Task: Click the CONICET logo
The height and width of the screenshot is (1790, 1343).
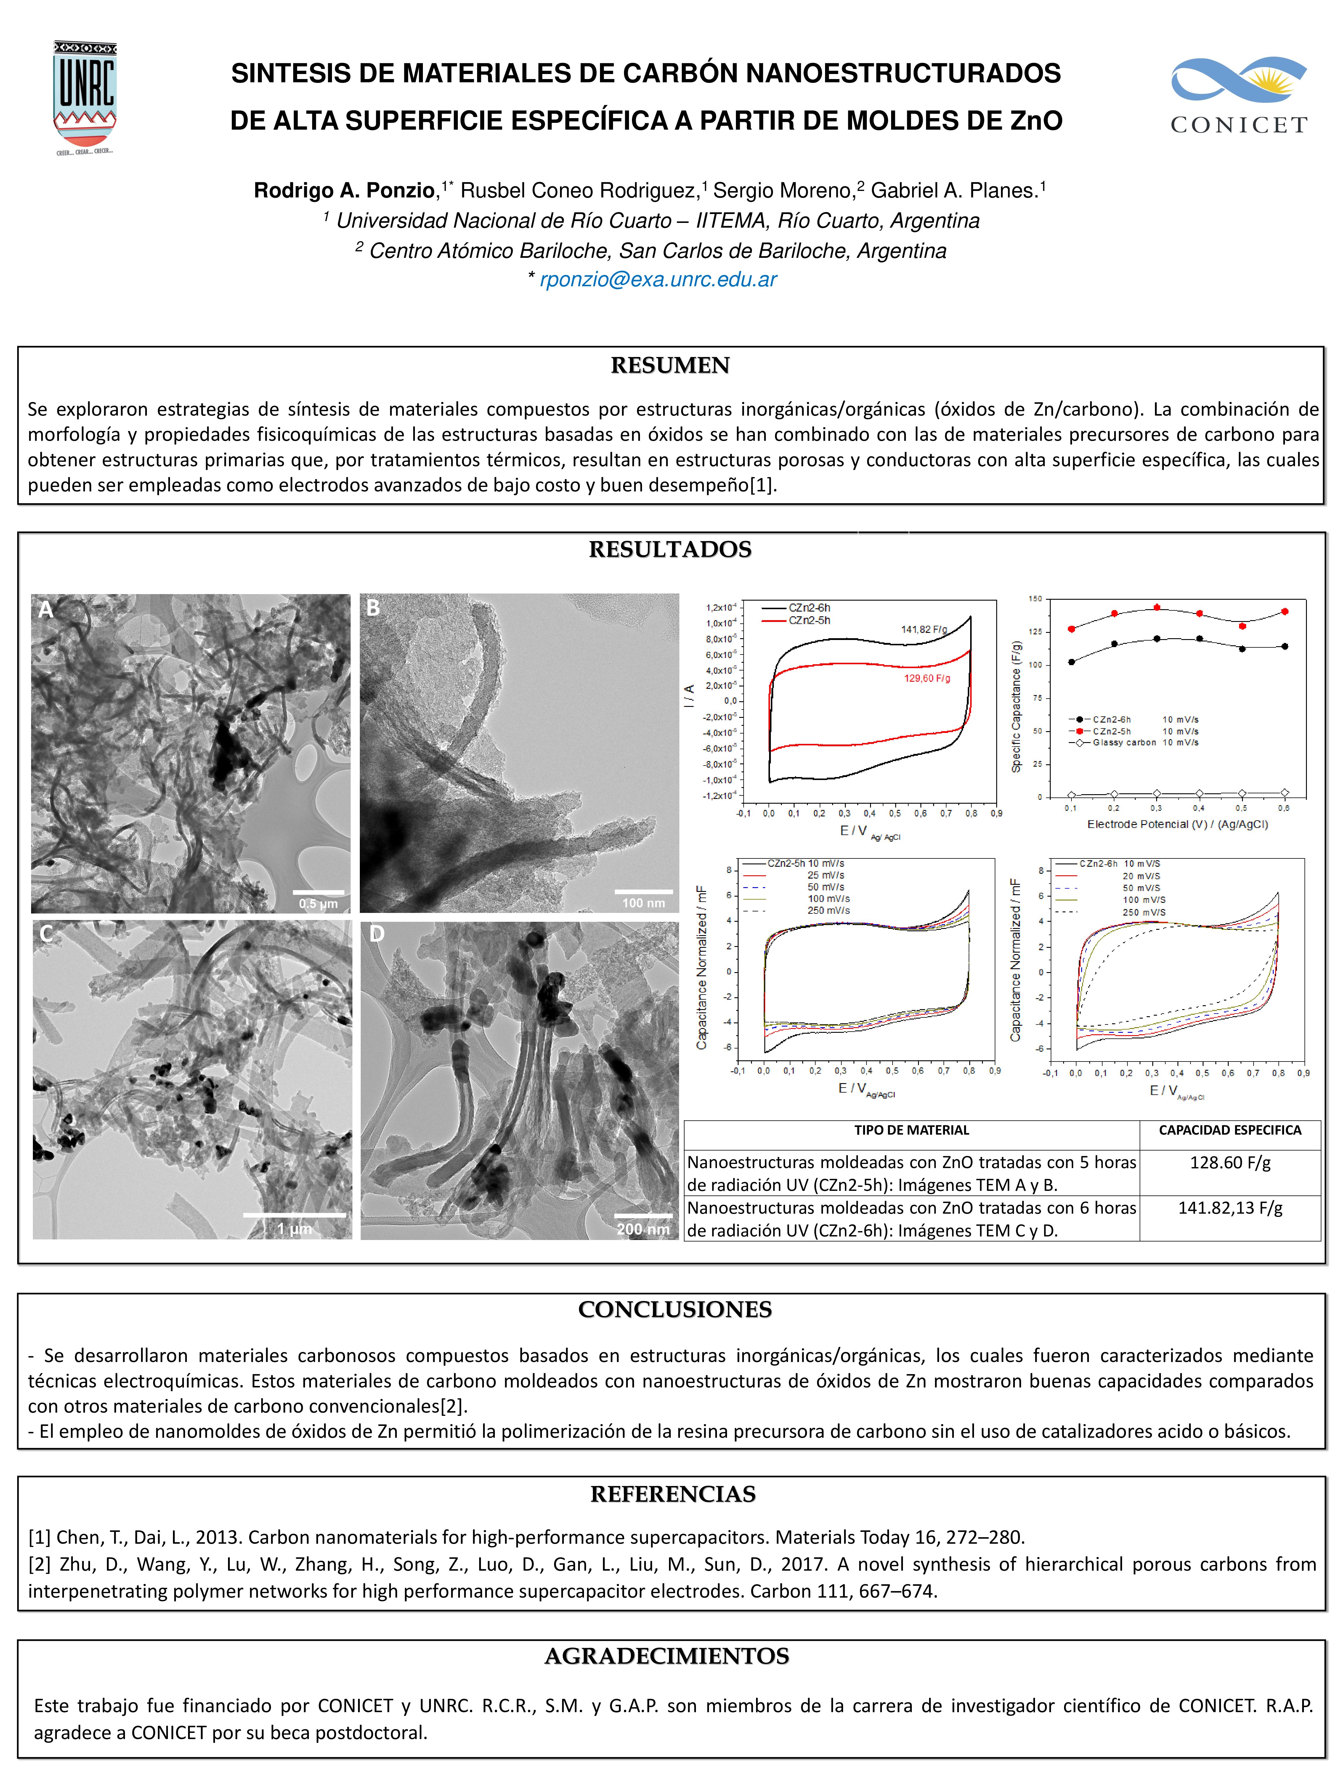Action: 1238,96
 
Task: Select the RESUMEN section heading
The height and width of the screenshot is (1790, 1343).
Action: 670,366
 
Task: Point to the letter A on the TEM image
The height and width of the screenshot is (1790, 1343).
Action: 46,609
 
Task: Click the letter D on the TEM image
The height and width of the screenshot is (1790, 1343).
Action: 376,934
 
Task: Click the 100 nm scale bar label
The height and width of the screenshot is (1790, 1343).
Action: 644,903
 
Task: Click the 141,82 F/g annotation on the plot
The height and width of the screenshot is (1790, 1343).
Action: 924,630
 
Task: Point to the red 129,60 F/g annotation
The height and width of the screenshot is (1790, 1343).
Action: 927,678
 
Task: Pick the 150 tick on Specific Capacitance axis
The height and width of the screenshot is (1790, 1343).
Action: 1035,599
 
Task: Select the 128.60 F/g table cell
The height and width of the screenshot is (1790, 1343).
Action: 1230,1163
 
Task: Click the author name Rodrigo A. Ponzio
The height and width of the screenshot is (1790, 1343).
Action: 344,191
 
